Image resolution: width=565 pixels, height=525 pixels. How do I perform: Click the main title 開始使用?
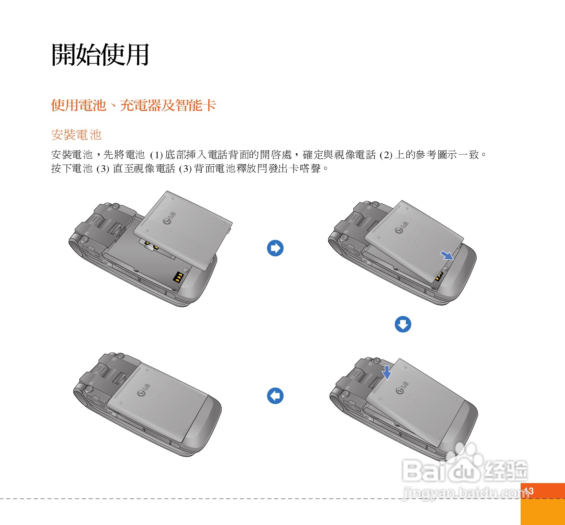[100, 54]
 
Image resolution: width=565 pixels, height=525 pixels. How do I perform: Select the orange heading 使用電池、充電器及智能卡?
[133, 105]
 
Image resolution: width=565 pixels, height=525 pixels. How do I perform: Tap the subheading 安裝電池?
[76, 135]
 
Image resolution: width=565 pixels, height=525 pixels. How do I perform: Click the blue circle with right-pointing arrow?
[275, 248]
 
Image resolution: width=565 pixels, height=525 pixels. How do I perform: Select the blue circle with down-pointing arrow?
[403, 324]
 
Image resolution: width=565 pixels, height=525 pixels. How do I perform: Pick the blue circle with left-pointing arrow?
[275, 396]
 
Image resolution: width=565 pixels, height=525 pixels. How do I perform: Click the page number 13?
[529, 491]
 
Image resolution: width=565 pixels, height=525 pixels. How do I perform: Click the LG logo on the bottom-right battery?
[402, 388]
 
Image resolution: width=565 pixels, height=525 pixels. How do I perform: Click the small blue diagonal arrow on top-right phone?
[447, 255]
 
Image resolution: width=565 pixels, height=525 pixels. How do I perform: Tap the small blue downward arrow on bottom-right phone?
[387, 372]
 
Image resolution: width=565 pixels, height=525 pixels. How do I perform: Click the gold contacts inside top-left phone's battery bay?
[178, 277]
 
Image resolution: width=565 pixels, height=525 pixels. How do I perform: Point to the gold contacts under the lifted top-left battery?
[151, 245]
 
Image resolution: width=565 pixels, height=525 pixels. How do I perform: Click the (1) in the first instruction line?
[156, 155]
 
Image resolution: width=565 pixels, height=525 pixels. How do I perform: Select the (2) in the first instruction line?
[386, 155]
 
